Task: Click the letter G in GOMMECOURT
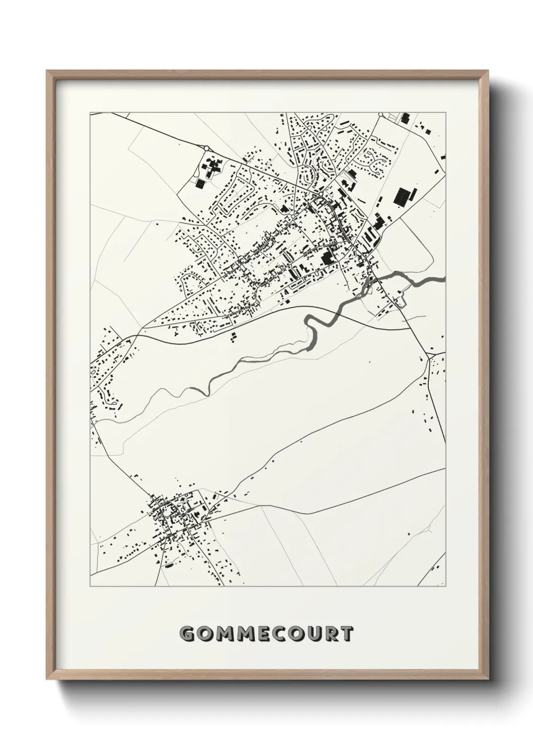pyautogui.click(x=188, y=634)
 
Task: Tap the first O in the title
pyautogui.click(x=206, y=634)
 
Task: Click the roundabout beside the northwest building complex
pyautogui.click(x=206, y=148)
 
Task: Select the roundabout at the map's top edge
pyautogui.click(x=381, y=115)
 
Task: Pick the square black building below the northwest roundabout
pyautogui.click(x=201, y=184)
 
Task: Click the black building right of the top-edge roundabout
pyautogui.click(x=405, y=119)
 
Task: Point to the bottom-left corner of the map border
pyautogui.click(x=91, y=586)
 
